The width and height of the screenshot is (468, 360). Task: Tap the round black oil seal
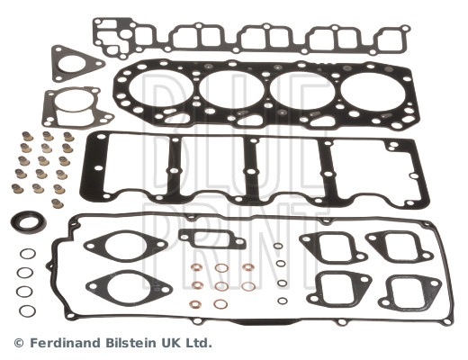(x=29, y=222)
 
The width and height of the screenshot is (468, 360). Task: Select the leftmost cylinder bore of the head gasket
(x=161, y=89)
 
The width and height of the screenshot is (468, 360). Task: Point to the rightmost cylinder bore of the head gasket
(x=373, y=91)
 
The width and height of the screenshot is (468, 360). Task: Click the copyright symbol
(x=19, y=343)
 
